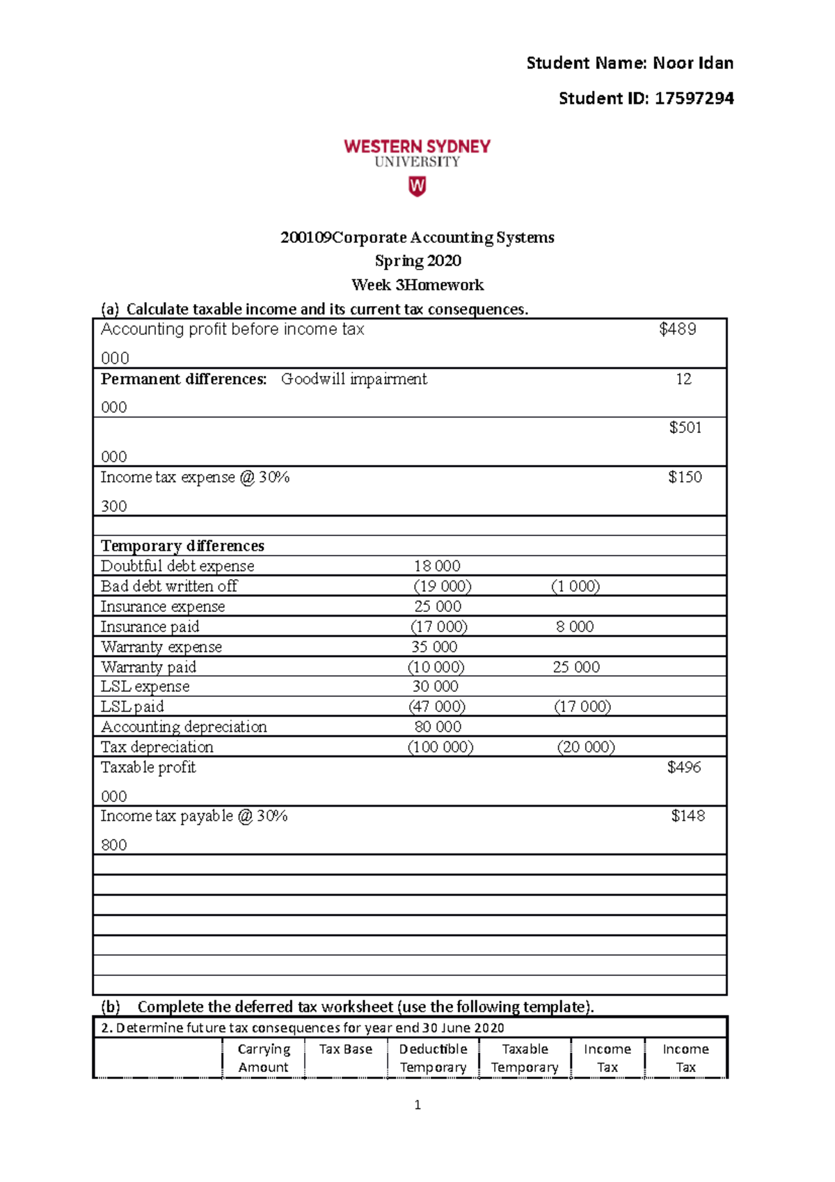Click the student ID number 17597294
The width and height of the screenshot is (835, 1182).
pos(694,98)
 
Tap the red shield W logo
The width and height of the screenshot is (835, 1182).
pos(417,187)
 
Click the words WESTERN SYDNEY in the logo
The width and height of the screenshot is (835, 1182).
pos(417,146)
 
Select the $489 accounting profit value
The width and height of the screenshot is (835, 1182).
pos(677,329)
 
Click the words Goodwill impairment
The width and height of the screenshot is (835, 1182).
pos(353,379)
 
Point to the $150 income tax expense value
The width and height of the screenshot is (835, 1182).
pos(685,478)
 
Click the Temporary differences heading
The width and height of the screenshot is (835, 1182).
pos(182,546)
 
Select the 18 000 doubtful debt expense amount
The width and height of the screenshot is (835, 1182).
pos(437,566)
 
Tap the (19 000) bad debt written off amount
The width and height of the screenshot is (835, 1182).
pos(442,586)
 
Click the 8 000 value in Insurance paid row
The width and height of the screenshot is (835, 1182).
pos(575,627)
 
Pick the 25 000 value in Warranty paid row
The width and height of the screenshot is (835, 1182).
pos(576,667)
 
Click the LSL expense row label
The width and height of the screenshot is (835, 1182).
pos(145,686)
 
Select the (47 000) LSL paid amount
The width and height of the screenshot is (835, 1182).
pos(436,707)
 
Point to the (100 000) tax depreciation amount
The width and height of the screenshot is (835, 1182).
pos(440,747)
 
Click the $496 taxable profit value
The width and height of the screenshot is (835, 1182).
pos(684,767)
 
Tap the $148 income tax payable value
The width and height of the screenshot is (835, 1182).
pos(687,816)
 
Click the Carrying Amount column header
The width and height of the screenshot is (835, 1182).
pos(263,1058)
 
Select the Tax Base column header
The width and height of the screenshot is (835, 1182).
pos(345,1049)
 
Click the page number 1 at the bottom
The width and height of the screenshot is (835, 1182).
pos(417,1105)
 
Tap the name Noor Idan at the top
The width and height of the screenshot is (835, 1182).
pos(693,63)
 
